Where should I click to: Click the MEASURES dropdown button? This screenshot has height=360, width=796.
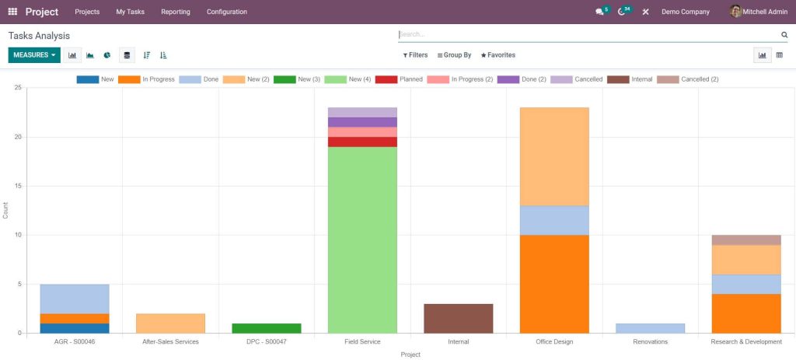click(x=34, y=55)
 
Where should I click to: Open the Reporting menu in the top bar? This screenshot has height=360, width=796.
click(x=176, y=12)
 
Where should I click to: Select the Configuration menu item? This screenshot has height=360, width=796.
click(x=227, y=12)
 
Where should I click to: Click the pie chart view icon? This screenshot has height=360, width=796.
click(x=107, y=55)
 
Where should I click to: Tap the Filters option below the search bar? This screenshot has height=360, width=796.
click(x=415, y=55)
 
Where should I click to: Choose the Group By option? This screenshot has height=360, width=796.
click(x=454, y=55)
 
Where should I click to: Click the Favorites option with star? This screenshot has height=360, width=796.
click(x=498, y=55)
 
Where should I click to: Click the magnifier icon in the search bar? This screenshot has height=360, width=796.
click(x=784, y=34)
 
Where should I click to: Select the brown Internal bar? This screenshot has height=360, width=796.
click(x=459, y=318)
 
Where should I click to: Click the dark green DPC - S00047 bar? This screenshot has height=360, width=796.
click(x=267, y=328)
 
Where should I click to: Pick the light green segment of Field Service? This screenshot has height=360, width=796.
click(x=362, y=239)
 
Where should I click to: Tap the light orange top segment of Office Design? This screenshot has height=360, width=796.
click(x=554, y=156)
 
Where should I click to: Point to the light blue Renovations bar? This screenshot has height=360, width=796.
click(x=651, y=328)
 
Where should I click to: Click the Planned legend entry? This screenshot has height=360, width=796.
click(x=399, y=79)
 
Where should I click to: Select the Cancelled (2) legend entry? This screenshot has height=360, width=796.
click(x=688, y=79)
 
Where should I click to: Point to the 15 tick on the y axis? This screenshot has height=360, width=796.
click(x=18, y=187)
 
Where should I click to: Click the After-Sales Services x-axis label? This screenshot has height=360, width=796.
click(x=170, y=341)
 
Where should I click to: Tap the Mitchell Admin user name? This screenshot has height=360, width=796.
click(x=765, y=12)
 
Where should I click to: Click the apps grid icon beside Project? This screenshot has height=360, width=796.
click(x=12, y=12)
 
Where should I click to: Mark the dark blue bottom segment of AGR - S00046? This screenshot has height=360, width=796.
click(x=75, y=328)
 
